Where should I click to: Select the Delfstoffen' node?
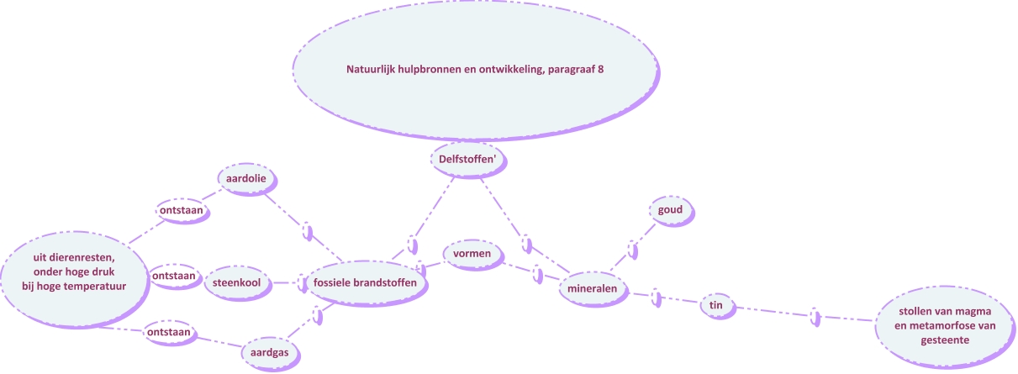pyautogui.click(x=470, y=157)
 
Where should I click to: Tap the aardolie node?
pyautogui.click(x=246, y=179)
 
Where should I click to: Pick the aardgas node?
pyautogui.click(x=269, y=352)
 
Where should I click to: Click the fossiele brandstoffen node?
pyautogui.click(x=365, y=283)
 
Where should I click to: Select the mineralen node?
pyautogui.click(x=593, y=288)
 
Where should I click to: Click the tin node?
pyautogui.click(x=716, y=306)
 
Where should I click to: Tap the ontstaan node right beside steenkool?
pyautogui.click(x=174, y=276)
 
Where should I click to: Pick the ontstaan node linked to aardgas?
pyautogui.click(x=171, y=332)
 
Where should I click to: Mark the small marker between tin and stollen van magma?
pyautogui.click(x=814, y=317)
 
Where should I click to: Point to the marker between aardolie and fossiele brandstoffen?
pyautogui.click(x=307, y=231)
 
